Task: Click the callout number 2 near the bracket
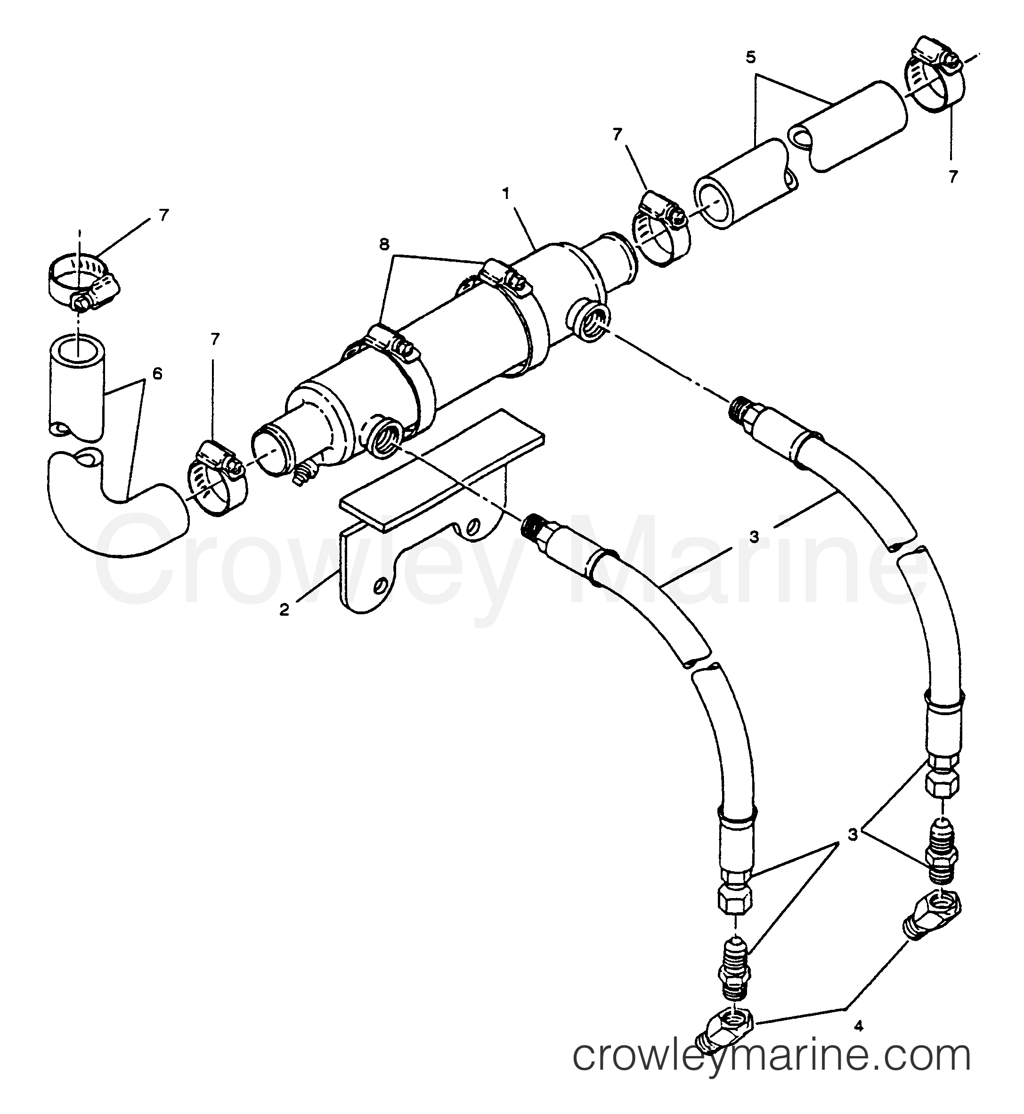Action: click(284, 611)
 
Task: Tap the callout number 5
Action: click(751, 57)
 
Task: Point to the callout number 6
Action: click(157, 374)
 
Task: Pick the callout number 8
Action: click(384, 244)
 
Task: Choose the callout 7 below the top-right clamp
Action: click(952, 176)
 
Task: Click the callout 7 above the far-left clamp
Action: click(163, 215)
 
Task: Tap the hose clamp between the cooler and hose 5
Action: click(659, 230)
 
